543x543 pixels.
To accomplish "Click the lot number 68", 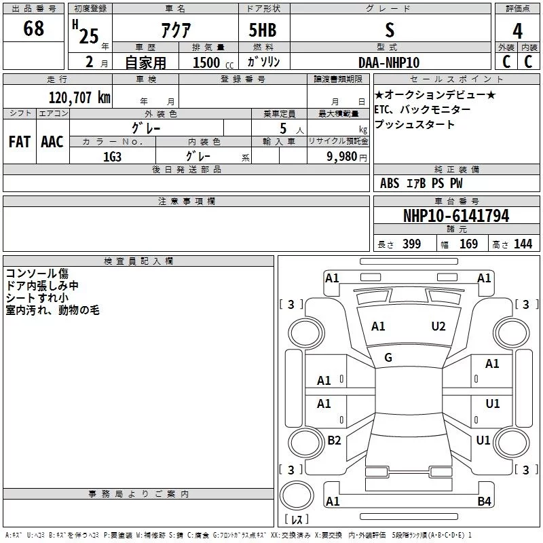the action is pyautogui.click(x=33, y=28).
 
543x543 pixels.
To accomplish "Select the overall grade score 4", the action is pyautogui.click(x=517, y=31).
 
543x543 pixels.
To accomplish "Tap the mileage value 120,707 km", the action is pyautogui.click(x=79, y=98).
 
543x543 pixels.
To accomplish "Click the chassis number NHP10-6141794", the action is pyautogui.click(x=456, y=216).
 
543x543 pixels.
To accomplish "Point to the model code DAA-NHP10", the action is pyautogui.click(x=389, y=62).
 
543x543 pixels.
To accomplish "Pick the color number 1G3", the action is pyautogui.click(x=112, y=157).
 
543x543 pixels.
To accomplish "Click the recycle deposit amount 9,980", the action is pyautogui.click(x=342, y=157).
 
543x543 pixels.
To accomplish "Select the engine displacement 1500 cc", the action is pyautogui.click(x=213, y=62).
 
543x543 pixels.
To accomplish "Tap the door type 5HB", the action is pyautogui.click(x=263, y=30).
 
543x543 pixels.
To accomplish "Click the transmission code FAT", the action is pyautogui.click(x=20, y=142).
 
